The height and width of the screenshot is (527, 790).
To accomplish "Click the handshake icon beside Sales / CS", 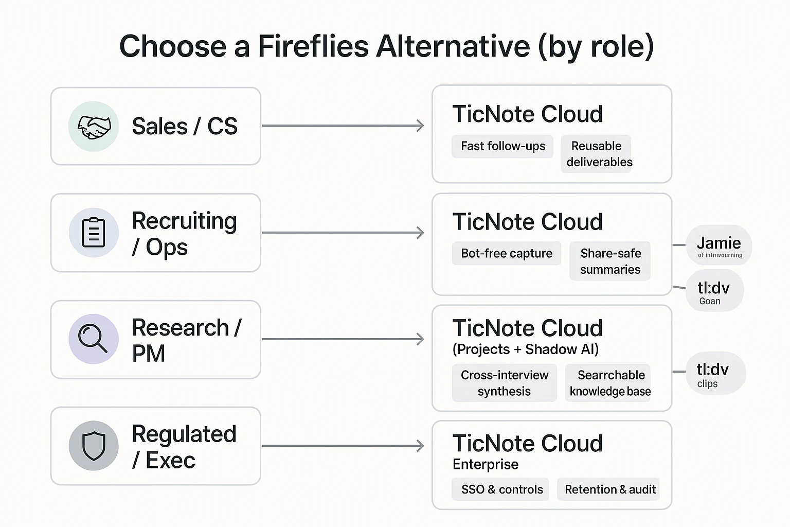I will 94,127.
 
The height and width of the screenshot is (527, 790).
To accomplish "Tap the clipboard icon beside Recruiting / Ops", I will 94,233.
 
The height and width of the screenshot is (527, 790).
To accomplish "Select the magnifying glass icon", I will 94,339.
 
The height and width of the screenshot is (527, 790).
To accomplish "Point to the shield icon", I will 94,446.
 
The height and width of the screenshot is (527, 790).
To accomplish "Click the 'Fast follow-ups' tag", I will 502,146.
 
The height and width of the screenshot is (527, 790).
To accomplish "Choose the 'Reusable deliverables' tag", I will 597,154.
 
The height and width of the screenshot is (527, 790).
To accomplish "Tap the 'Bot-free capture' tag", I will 506,253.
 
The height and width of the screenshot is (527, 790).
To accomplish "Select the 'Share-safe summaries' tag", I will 610,261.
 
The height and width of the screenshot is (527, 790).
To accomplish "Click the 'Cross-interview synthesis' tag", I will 504,383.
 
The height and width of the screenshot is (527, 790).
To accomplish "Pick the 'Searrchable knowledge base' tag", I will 610,383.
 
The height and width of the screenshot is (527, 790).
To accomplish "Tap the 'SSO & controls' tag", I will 501,489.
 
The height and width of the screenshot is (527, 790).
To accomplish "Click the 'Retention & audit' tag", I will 609,489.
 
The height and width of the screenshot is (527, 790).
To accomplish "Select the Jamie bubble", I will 719,245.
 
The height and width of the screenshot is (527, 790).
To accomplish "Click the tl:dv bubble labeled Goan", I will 714,291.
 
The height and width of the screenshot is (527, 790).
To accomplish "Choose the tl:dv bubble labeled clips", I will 714,374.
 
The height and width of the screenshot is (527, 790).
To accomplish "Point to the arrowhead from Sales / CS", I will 420,126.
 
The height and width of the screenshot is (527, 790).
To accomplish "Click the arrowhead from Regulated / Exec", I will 420,446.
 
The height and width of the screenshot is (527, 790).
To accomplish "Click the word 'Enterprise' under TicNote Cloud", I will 485,464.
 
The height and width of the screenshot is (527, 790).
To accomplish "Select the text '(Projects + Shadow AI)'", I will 525,349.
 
